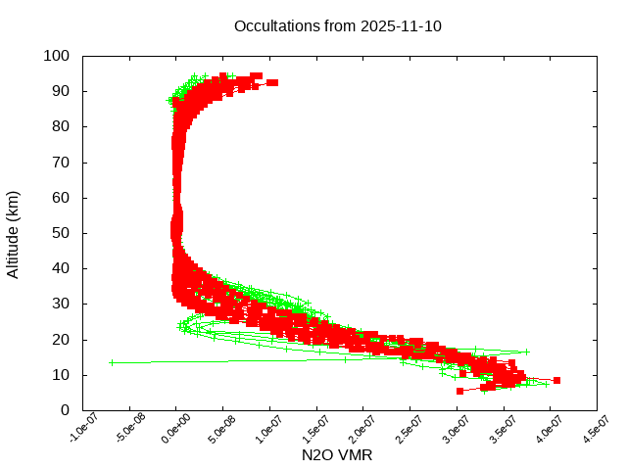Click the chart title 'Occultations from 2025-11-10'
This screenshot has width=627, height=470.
338,25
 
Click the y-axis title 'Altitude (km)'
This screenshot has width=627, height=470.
13,233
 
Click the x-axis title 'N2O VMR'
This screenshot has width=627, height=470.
338,455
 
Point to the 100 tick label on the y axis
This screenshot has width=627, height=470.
57,56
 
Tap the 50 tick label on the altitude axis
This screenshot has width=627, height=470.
61,233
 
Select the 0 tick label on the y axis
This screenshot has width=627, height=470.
65,410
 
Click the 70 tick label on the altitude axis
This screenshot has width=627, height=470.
61,163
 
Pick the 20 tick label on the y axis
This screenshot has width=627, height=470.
61,339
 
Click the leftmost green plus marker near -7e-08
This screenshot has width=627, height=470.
112,362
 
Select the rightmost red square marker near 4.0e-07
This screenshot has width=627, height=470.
556,380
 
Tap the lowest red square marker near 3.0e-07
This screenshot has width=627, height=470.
459,391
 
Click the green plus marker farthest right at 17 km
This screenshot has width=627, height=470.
526,352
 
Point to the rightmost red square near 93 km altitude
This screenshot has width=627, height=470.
273,82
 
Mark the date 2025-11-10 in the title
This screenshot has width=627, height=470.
402,25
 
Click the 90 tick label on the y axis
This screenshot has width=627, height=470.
61,91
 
